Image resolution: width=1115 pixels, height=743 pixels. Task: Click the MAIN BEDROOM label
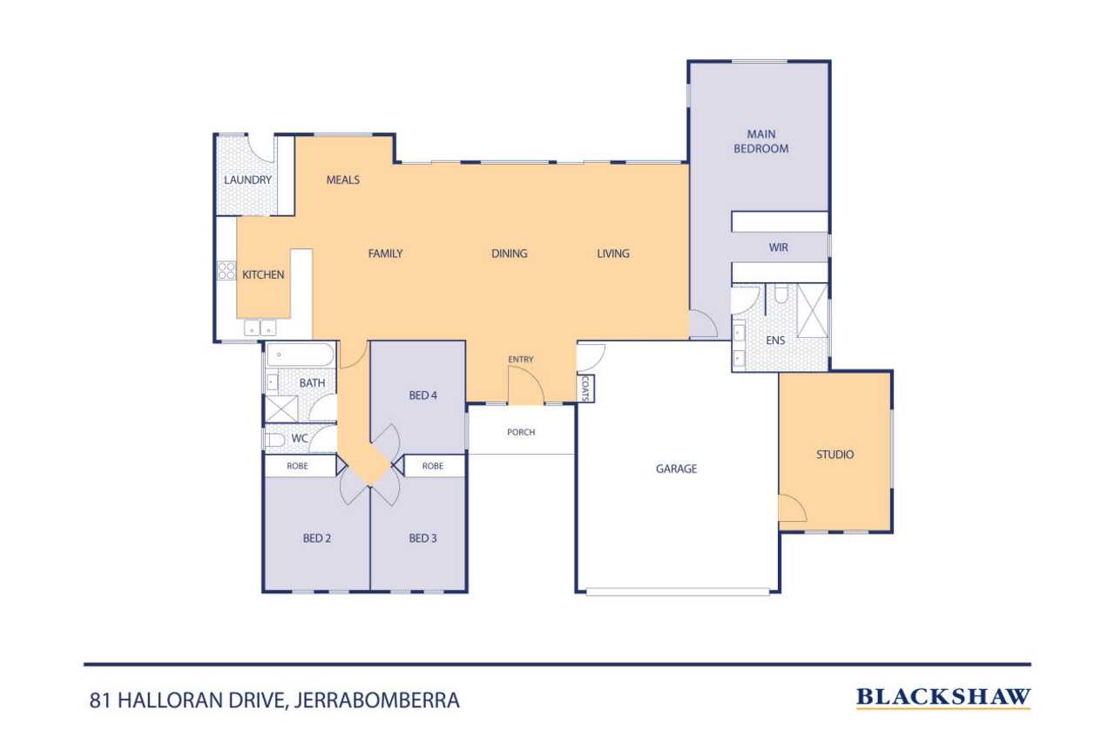[x=760, y=141]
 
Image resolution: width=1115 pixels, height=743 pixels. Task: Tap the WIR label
[x=778, y=247]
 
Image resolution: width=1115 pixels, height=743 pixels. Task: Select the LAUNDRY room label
[x=247, y=179]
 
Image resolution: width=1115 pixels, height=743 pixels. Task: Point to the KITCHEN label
[x=263, y=274]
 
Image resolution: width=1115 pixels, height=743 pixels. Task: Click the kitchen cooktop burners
[x=226, y=271]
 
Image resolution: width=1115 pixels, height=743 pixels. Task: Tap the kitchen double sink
[x=260, y=328]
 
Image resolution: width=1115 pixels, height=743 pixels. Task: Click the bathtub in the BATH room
[x=301, y=355]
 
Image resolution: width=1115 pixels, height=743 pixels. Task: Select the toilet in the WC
[x=274, y=439]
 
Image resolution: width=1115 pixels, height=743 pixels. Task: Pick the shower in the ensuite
[x=812, y=311]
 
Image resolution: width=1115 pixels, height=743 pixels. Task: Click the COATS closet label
[x=585, y=388]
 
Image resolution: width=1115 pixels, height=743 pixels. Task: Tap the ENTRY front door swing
[x=525, y=385]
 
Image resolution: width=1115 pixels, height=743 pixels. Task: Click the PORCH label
[x=521, y=432]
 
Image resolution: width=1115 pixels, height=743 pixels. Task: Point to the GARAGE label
[x=676, y=469]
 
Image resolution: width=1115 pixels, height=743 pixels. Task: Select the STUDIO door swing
[x=793, y=508]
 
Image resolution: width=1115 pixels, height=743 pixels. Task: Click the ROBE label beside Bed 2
[x=297, y=466]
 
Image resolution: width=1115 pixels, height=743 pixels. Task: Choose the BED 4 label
[x=422, y=395]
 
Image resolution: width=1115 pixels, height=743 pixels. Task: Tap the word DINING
[x=510, y=253]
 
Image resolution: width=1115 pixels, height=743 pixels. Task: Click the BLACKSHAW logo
[x=943, y=697]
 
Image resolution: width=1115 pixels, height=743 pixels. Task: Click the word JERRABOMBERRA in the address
[x=377, y=700]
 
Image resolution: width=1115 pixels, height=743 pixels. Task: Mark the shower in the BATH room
[x=280, y=409]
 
